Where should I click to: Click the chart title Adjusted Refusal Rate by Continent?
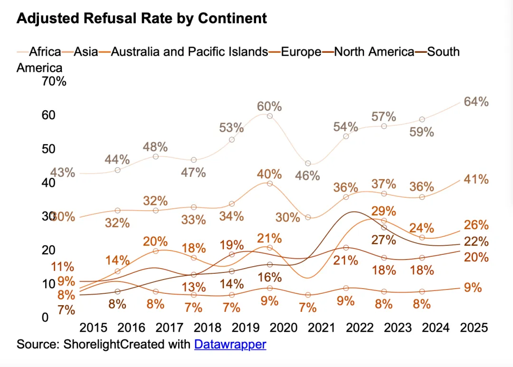click(x=142, y=19)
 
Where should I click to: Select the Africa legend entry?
click(x=45, y=51)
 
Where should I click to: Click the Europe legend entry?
click(x=301, y=51)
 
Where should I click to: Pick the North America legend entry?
click(x=374, y=51)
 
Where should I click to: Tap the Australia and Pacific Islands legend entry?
click(x=189, y=51)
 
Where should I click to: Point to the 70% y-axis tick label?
click(x=55, y=81)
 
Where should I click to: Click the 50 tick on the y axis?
click(x=49, y=149)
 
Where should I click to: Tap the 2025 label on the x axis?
click(x=474, y=328)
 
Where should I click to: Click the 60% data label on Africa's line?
click(x=269, y=106)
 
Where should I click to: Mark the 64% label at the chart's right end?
click(x=476, y=102)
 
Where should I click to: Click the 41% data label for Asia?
click(x=476, y=179)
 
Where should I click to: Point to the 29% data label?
click(x=384, y=211)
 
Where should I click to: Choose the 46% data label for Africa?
click(x=307, y=175)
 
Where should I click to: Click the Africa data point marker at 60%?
click(x=270, y=116)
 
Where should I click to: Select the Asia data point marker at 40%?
click(x=270, y=183)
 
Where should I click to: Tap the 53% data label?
click(x=231, y=127)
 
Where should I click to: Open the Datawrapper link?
click(x=230, y=344)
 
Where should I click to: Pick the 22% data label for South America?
click(x=476, y=241)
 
